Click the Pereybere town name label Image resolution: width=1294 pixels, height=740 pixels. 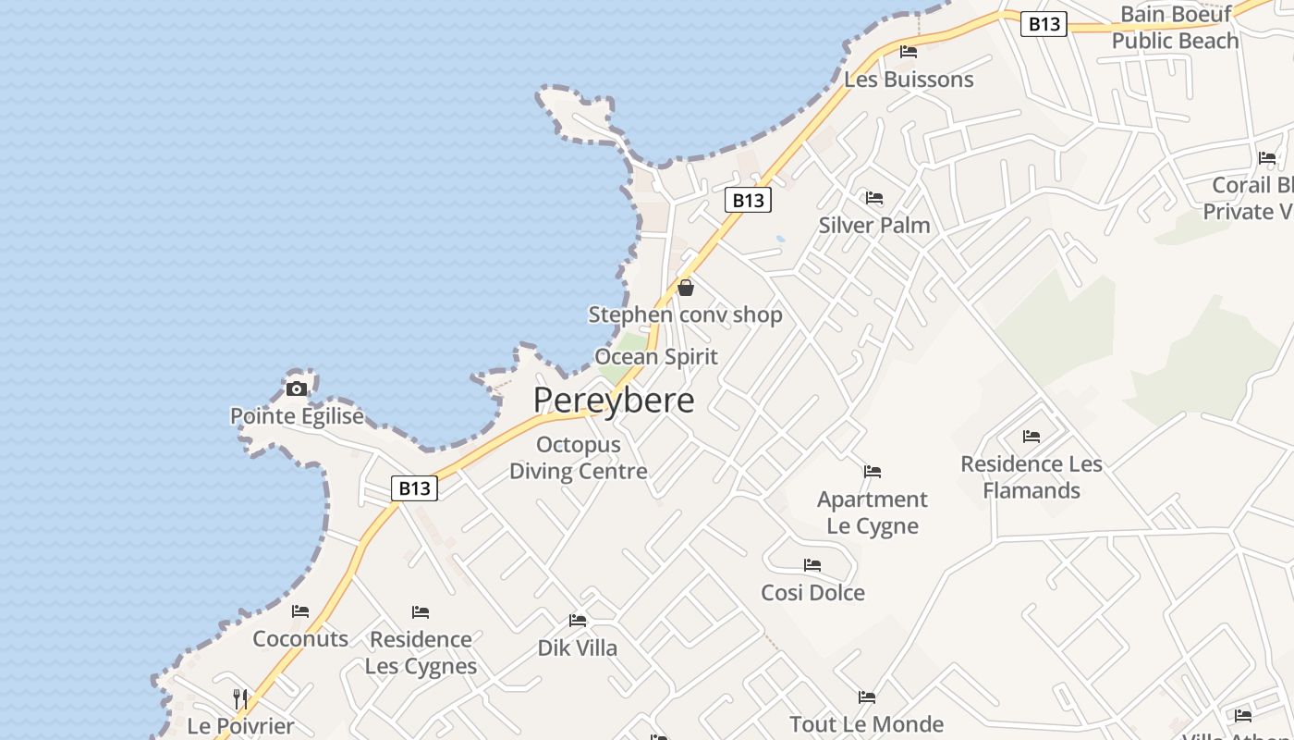614,400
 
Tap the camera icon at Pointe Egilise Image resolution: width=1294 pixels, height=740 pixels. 296,388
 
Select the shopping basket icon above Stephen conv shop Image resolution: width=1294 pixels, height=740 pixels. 686,288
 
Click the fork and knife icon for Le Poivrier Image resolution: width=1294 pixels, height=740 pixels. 240,698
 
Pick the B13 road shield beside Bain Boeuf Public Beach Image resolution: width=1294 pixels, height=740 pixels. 1044,24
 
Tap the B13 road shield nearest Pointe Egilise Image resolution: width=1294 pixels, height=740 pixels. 413,488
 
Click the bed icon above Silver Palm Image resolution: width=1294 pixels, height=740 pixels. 874,198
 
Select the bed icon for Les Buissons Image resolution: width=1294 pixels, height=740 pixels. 909,52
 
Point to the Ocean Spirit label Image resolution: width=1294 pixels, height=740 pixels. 656,357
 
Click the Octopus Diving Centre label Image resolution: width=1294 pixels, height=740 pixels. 579,458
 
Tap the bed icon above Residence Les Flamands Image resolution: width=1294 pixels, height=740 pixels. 1032,437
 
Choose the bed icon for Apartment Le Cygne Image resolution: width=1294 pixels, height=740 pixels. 873,472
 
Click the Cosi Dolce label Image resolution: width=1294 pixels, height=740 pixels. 812,593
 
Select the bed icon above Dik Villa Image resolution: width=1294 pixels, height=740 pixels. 578,621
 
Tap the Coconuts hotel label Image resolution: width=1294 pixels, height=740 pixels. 300,639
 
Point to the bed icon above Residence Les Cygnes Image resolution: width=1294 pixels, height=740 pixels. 421,612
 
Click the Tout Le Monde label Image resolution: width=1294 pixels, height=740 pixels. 866,724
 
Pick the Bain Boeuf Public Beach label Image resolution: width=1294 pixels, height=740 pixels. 1175,28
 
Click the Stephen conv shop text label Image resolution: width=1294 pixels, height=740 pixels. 686,315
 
